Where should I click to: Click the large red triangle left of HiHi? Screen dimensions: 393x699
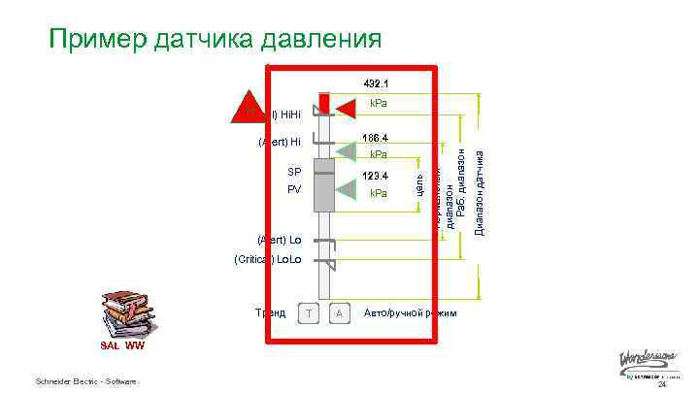pyautogui.click(x=248, y=107)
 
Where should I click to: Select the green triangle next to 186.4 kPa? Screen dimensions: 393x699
pyautogui.click(x=347, y=147)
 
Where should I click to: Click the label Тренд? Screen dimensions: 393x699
pyautogui.click(x=270, y=312)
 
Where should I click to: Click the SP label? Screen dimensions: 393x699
pyautogui.click(x=294, y=172)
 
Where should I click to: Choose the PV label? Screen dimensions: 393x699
pyautogui.click(x=294, y=189)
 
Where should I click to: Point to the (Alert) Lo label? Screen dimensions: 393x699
pyautogui.click(x=280, y=239)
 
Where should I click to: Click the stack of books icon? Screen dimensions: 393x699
pyautogui.click(x=123, y=311)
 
